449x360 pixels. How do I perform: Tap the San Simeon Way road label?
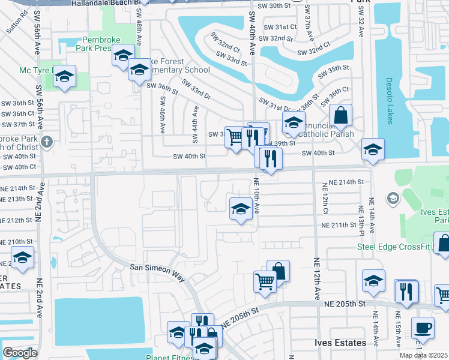[x=158, y=271]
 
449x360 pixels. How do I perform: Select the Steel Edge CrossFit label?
[x=394, y=246]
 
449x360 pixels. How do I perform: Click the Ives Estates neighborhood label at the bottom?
[x=340, y=343]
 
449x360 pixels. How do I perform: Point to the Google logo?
[x=20, y=353]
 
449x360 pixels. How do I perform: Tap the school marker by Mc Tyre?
[x=64, y=76]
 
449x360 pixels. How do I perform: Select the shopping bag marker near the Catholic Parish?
[x=340, y=115]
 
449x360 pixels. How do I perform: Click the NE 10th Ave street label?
[x=256, y=196]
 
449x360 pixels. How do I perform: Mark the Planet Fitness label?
[x=170, y=357]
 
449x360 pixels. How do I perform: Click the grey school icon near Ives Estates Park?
[x=393, y=198]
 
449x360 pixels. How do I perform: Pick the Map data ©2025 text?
[x=424, y=355]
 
